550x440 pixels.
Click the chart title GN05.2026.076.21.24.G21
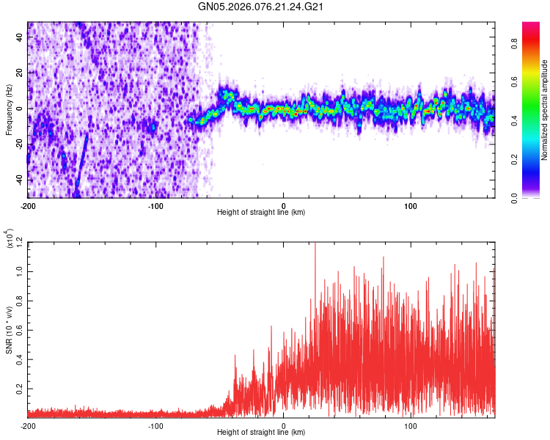point(261,7)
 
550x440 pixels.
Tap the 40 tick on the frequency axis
point(21,38)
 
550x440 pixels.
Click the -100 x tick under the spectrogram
point(155,205)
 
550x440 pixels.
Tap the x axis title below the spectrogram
point(261,213)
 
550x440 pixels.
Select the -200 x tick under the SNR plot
point(27,425)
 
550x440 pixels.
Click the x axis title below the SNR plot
point(261,433)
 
